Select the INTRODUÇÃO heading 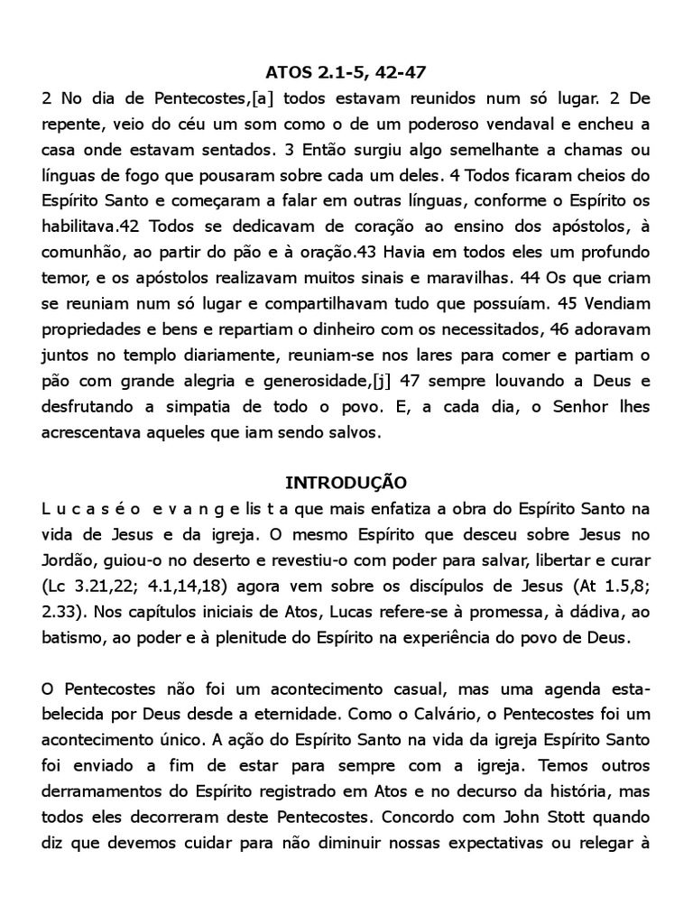click(x=346, y=482)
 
